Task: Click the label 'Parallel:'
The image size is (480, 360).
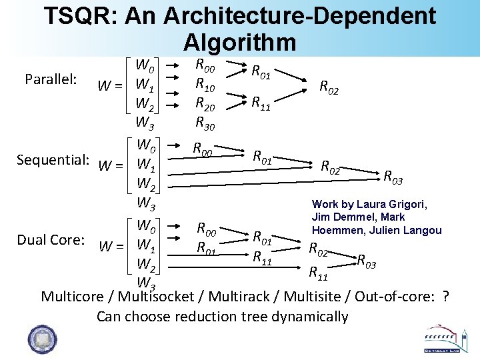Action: click(51, 79)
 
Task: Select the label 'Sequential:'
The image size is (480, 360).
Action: click(53, 160)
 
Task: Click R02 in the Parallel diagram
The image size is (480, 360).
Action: click(329, 86)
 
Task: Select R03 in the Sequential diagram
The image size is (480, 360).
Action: click(392, 177)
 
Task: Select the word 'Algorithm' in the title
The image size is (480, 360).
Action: click(239, 42)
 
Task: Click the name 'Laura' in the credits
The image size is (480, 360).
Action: click(371, 204)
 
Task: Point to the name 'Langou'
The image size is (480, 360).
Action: click(423, 230)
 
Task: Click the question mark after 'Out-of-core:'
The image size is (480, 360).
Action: click(445, 297)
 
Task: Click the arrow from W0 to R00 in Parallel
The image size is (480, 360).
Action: click(172, 65)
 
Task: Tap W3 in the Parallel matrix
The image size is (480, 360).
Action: click(145, 123)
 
